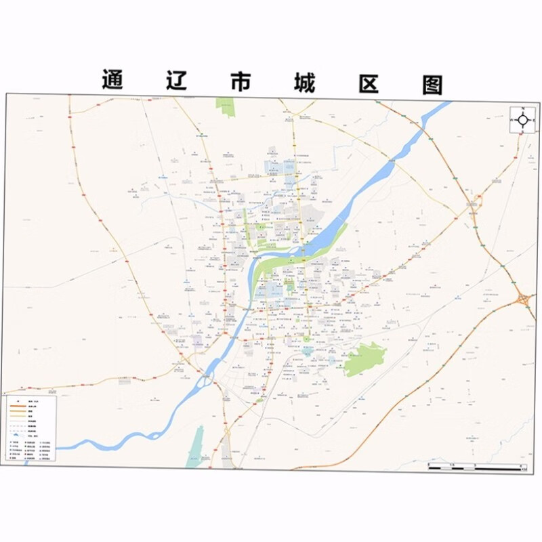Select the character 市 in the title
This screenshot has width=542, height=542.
pos(238,82)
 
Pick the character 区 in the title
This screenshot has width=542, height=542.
pos(367,83)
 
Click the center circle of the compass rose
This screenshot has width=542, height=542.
pos(524,121)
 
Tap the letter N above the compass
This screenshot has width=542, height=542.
pos(524,109)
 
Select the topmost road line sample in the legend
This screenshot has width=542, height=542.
pos(30,402)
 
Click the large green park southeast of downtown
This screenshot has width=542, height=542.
pos(364,359)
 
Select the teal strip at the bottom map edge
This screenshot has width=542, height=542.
pos(196,447)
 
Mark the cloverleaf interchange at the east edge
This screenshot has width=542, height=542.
pos(523,298)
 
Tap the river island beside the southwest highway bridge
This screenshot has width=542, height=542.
pos(204,383)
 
